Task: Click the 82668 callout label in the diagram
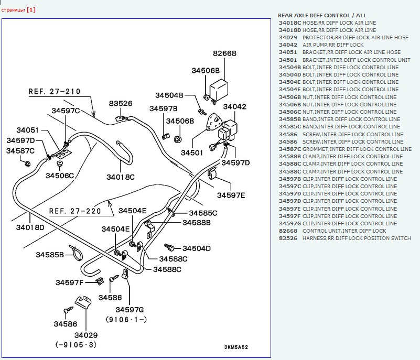pyautogui.click(x=224, y=53)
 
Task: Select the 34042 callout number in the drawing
pyautogui.click(x=234, y=106)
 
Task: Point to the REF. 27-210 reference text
pyautogui.click(x=55, y=92)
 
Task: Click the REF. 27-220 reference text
pyautogui.click(x=75, y=211)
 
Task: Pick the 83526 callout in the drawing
pyautogui.click(x=121, y=103)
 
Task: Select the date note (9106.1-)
pyautogui.click(x=126, y=319)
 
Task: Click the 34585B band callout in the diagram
pyautogui.click(x=50, y=255)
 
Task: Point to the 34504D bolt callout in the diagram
pyautogui.click(x=196, y=248)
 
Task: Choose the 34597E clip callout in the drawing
pyautogui.click(x=231, y=195)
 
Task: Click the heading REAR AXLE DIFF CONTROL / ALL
pyautogui.click(x=322, y=16)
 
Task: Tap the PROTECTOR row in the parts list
pyautogui.click(x=343, y=38)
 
